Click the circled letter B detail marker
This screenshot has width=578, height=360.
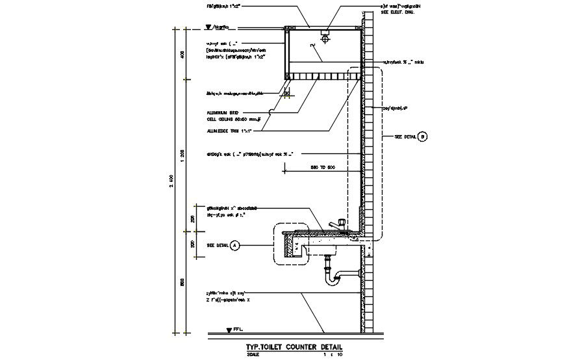click(423, 136)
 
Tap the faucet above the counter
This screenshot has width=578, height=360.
click(337, 223)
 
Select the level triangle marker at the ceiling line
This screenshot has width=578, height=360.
click(208, 28)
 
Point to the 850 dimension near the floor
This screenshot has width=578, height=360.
click(182, 283)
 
